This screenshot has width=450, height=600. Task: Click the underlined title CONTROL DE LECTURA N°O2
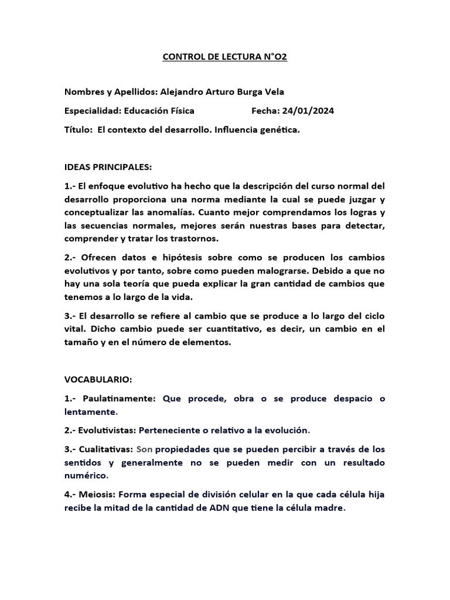tap(224, 57)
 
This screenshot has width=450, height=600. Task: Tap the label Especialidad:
tap(92, 111)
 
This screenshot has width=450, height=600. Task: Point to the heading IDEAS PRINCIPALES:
tap(108, 167)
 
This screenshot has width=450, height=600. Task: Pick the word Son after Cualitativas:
tap(145, 449)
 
